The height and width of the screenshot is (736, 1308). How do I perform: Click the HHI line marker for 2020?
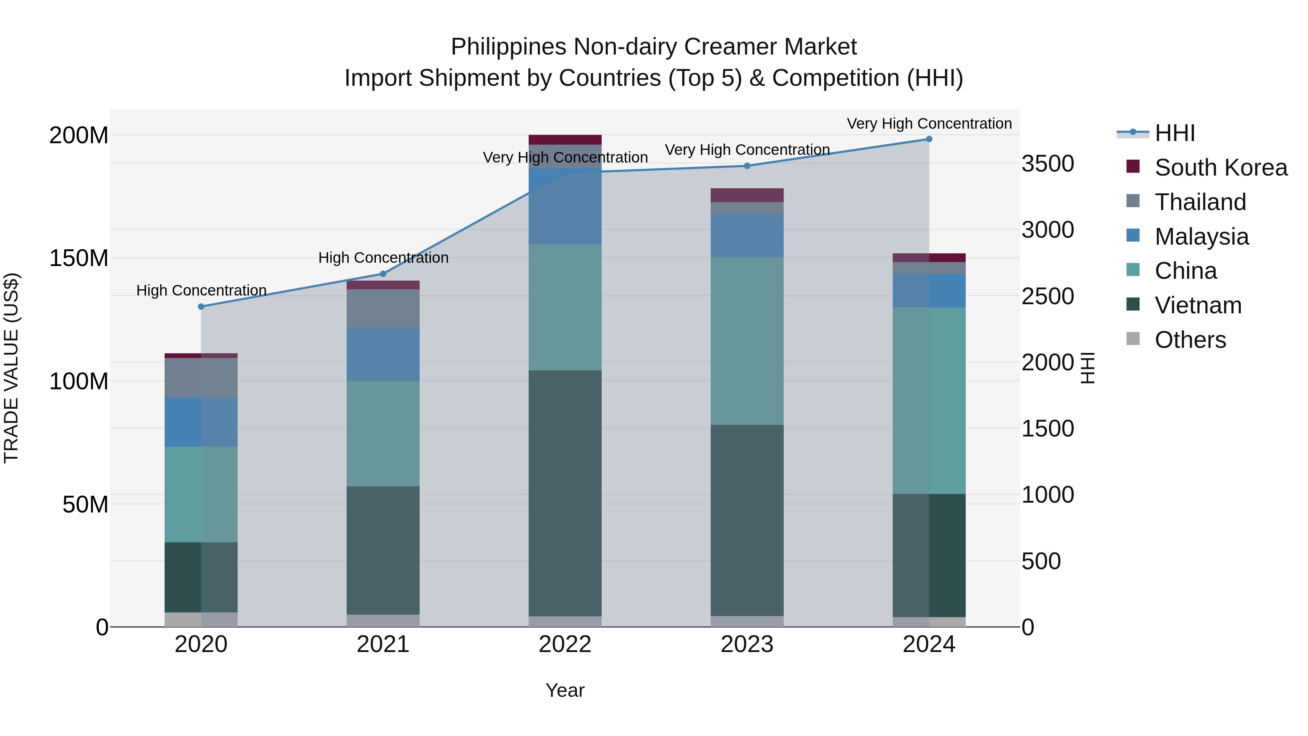pyautogui.click(x=201, y=306)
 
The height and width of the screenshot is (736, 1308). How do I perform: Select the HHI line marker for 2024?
pyautogui.click(x=929, y=139)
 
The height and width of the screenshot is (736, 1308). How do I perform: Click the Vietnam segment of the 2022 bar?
pyautogui.click(x=565, y=493)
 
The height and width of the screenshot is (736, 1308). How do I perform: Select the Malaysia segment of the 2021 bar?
pyautogui.click(x=383, y=354)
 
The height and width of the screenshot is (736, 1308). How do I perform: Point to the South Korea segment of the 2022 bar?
pyautogui.click(x=565, y=140)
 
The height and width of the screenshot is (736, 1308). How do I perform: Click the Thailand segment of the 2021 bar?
pyautogui.click(x=383, y=308)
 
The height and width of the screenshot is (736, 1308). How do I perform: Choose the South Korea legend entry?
pyautogui.click(x=1221, y=168)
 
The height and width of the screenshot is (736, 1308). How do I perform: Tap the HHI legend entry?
pyautogui.click(x=1174, y=133)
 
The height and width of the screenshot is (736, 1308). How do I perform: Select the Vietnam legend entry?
pyautogui.click(x=1198, y=305)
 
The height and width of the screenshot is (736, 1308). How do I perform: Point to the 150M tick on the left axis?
pyautogui.click(x=79, y=258)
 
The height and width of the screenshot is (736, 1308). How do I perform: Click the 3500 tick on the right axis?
pyautogui.click(x=1047, y=164)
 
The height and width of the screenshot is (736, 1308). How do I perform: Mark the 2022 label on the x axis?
pyautogui.click(x=565, y=644)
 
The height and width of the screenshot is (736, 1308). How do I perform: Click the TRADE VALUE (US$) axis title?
pyautogui.click(x=11, y=368)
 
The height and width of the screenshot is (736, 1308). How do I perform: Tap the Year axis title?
pyautogui.click(x=565, y=690)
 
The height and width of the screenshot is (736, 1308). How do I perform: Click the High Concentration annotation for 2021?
pyautogui.click(x=383, y=258)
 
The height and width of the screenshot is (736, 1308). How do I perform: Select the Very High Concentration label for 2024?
pyautogui.click(x=929, y=124)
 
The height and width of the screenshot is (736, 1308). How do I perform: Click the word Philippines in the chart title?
pyautogui.click(x=508, y=47)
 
